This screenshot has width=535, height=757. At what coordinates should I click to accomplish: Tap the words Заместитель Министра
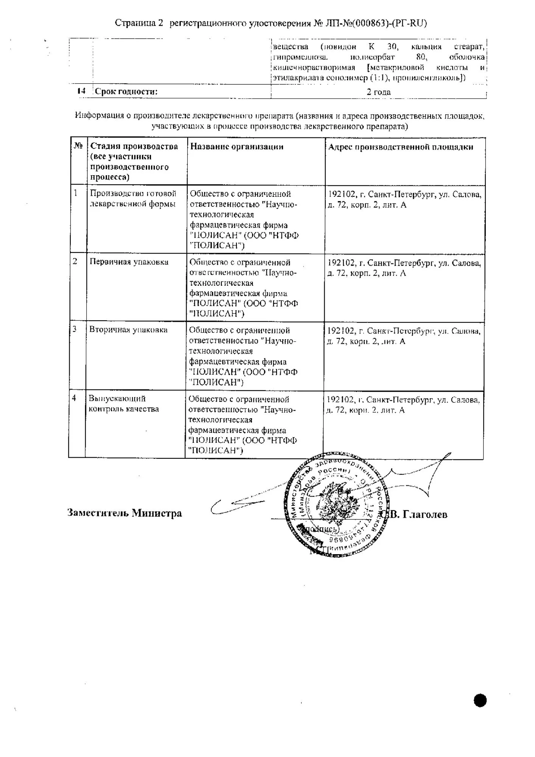pyautogui.click(x=124, y=513)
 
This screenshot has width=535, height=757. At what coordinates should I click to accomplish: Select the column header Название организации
pyautogui.click(x=236, y=147)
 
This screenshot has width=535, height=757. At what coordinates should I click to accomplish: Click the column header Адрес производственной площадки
pyautogui.click(x=400, y=147)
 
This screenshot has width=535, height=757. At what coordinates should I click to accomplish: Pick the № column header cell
pyautogui.click(x=78, y=146)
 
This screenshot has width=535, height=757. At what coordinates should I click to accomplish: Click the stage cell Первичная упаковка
pyautogui.click(x=129, y=262)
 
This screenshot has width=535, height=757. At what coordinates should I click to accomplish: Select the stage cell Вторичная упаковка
pyautogui.click(x=128, y=330)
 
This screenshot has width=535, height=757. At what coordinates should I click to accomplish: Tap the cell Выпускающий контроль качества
pyautogui.click(x=124, y=404)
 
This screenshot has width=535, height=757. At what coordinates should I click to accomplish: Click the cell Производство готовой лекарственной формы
pyautogui.click(x=133, y=199)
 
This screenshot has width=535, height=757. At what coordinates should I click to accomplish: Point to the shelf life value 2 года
pyautogui.click(x=378, y=92)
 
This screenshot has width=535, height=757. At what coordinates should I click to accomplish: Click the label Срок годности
pyautogui.click(x=126, y=92)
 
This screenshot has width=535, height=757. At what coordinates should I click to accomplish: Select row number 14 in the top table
pyautogui.click(x=81, y=91)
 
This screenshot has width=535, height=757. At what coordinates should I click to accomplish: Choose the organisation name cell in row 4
pyautogui.click(x=243, y=425)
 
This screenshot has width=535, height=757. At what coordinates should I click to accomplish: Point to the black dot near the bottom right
pyautogui.click(x=480, y=700)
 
